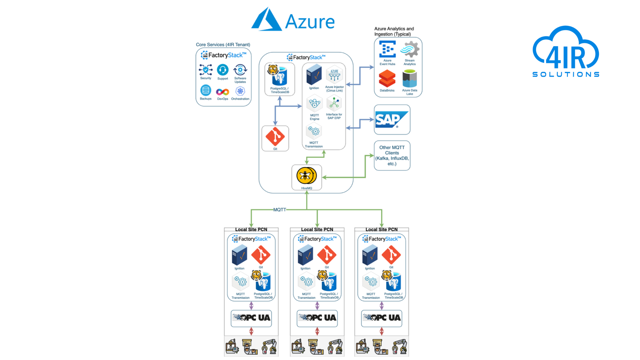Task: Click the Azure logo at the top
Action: [293, 20]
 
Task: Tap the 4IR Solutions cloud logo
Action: [566, 52]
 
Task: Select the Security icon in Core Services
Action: [206, 70]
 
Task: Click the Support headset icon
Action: [223, 70]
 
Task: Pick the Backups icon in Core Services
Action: [206, 90]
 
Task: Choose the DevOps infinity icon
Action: [222, 92]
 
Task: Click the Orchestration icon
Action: [240, 91]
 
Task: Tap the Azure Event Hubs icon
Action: [387, 49]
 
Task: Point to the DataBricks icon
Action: [387, 79]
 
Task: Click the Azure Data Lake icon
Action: [409, 79]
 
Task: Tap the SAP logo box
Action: [392, 120]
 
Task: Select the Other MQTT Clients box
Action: [392, 156]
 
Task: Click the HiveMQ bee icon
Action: [306, 176]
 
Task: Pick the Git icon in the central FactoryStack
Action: [275, 137]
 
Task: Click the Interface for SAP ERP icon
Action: [334, 103]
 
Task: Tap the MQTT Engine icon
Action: [314, 104]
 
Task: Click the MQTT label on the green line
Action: [280, 210]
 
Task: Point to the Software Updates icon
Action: [240, 70]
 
